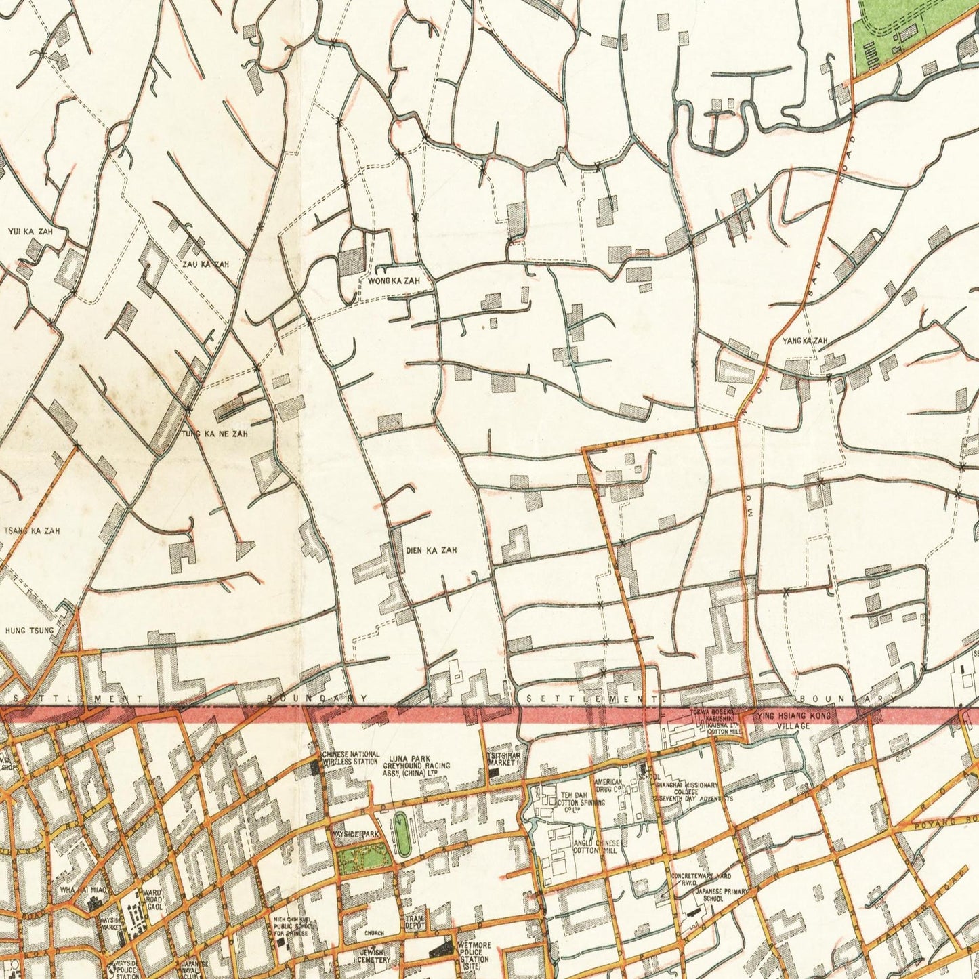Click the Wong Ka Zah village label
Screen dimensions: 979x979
(x=394, y=280)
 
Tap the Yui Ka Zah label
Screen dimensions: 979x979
(x=30, y=232)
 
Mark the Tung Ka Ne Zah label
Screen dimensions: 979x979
(x=215, y=433)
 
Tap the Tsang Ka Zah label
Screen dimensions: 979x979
(x=32, y=531)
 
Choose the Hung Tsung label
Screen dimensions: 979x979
(x=29, y=631)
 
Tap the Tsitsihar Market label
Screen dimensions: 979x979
(x=502, y=759)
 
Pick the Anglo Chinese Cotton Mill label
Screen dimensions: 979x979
(x=594, y=847)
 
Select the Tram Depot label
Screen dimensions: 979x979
(x=414, y=921)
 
